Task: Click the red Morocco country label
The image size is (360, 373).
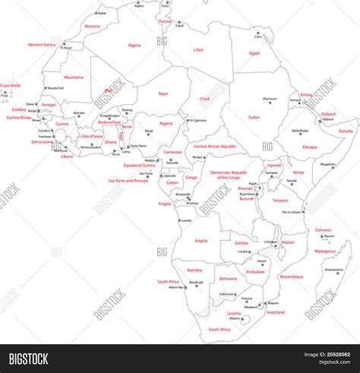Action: pyautogui.click(x=92, y=27)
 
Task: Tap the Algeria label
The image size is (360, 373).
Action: pyautogui.click(x=134, y=45)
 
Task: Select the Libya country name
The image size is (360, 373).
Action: pyautogui.click(x=198, y=49)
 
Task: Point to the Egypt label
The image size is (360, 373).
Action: pyautogui.click(x=254, y=53)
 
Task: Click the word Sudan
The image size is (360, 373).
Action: pyautogui.click(x=254, y=118)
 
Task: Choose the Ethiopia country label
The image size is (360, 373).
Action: pyautogui.click(x=310, y=147)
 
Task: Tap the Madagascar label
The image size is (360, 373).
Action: pyautogui.click(x=325, y=251)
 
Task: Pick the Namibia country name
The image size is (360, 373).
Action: pyautogui.click(x=194, y=270)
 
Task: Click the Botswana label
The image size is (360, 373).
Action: pyautogui.click(x=227, y=278)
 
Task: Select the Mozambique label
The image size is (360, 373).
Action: pyautogui.click(x=291, y=277)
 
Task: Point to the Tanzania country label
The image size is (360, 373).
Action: pyautogui.click(x=280, y=201)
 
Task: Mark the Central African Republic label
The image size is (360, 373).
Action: pyautogui.click(x=215, y=146)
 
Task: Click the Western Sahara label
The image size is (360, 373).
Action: pyautogui.click(x=43, y=45)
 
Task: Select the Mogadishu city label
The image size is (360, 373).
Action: pyautogui.click(x=327, y=165)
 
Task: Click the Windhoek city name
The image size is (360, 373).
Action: pyautogui.click(x=197, y=283)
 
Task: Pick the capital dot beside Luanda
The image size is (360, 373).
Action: pyautogui.click(x=180, y=220)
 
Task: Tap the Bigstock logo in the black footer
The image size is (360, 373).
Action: pyautogui.click(x=29, y=359)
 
